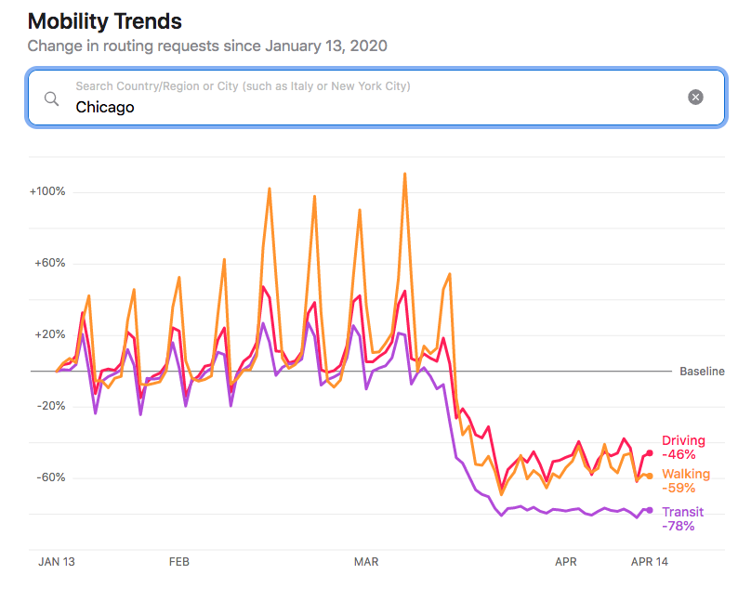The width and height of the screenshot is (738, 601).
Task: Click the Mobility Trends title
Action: [x=105, y=21]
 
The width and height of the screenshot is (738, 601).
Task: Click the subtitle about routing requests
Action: [x=207, y=46]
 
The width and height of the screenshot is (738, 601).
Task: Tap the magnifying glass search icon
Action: [x=52, y=98]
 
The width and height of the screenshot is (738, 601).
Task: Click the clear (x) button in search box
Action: [x=695, y=98]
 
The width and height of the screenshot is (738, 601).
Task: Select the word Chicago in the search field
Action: [x=105, y=107]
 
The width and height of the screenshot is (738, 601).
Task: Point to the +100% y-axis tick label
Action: [x=47, y=191]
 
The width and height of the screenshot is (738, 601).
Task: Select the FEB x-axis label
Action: [x=179, y=561]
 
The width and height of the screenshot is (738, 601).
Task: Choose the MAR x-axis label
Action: [x=367, y=561]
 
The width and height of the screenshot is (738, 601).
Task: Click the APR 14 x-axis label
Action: [x=650, y=561]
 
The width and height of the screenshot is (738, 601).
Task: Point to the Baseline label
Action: [x=702, y=372]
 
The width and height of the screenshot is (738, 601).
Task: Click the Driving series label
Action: [x=683, y=440]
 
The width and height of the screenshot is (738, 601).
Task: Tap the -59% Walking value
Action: [x=679, y=488]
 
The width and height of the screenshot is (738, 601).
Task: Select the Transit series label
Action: [x=682, y=512]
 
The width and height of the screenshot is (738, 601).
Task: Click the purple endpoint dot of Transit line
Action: [x=650, y=510]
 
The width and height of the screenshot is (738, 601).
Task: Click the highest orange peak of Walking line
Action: [x=405, y=173]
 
